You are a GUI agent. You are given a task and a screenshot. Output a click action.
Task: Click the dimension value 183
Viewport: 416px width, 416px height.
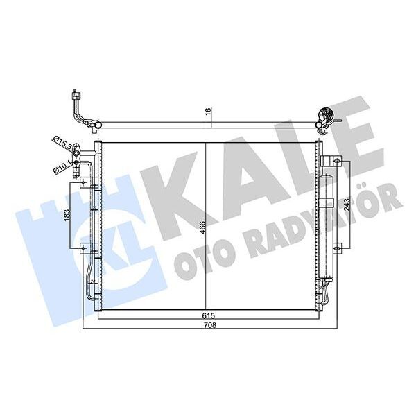pyautogui.click(x=68, y=215)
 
